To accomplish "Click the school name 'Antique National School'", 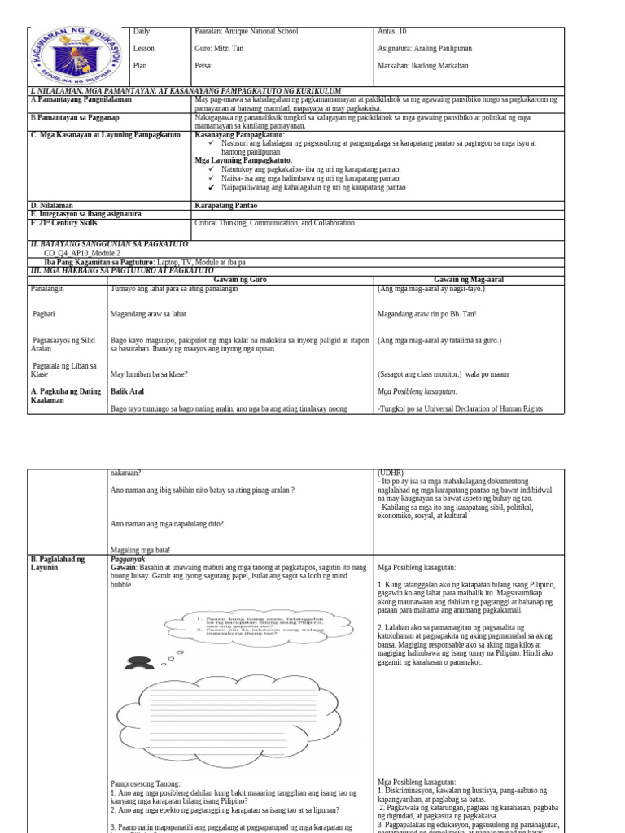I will (x=247, y=32).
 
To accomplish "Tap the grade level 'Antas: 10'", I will (x=391, y=32).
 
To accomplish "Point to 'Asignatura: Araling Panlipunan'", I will (x=425, y=49).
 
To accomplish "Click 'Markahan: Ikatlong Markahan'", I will (x=420, y=66).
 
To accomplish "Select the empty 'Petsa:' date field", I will (x=204, y=66).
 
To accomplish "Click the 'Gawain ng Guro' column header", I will (x=241, y=279).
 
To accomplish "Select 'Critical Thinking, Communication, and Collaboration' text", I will (x=275, y=222).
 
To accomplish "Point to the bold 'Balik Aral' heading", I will (x=127, y=391).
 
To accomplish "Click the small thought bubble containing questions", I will (x=260, y=624).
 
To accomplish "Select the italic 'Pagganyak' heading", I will (x=128, y=560).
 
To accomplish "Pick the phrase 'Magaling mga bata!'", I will (x=140, y=549).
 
